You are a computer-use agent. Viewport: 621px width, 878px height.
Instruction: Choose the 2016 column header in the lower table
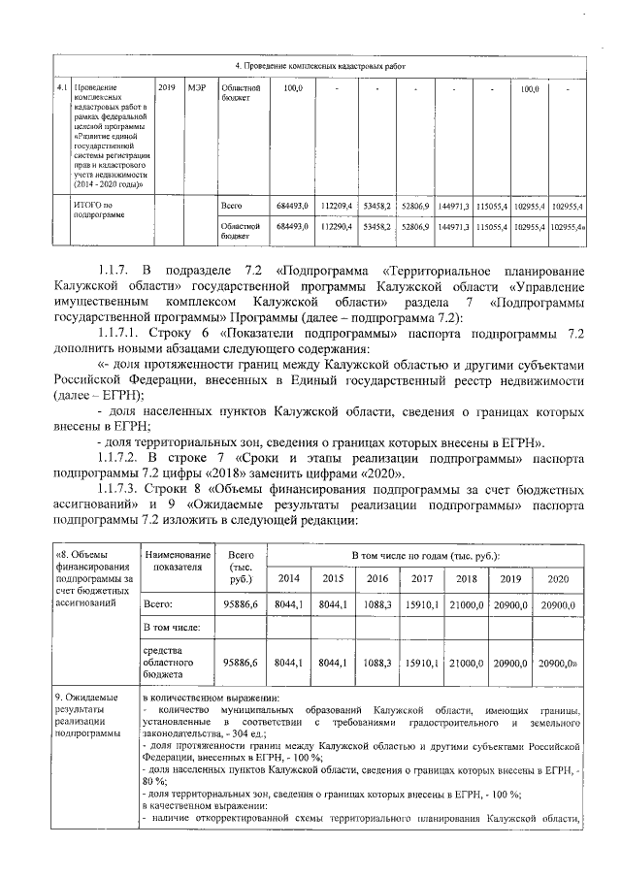coord(376,578)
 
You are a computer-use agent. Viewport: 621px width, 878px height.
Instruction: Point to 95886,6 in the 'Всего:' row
coord(239,604)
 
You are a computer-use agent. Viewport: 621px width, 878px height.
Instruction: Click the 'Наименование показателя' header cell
coord(175,561)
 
